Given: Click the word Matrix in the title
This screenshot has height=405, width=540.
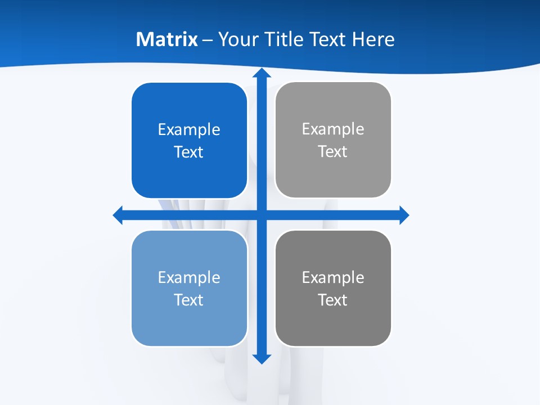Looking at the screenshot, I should click(167, 39).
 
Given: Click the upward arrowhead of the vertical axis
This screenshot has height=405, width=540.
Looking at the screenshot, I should click(262, 74).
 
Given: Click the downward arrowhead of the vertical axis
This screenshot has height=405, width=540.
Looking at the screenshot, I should click(262, 358).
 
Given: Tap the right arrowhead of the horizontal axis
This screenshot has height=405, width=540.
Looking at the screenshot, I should click(403, 215).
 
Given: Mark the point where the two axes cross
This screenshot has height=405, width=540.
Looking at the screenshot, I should click(262, 215).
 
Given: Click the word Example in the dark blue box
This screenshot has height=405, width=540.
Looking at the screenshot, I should click(189, 130).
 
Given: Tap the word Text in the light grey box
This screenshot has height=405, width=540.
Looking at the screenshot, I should click(333, 152).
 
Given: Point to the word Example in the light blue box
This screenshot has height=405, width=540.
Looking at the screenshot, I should click(189, 277).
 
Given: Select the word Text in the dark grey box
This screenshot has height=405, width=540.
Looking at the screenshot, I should click(333, 300).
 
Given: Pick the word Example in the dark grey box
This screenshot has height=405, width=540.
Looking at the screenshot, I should click(333, 277).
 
